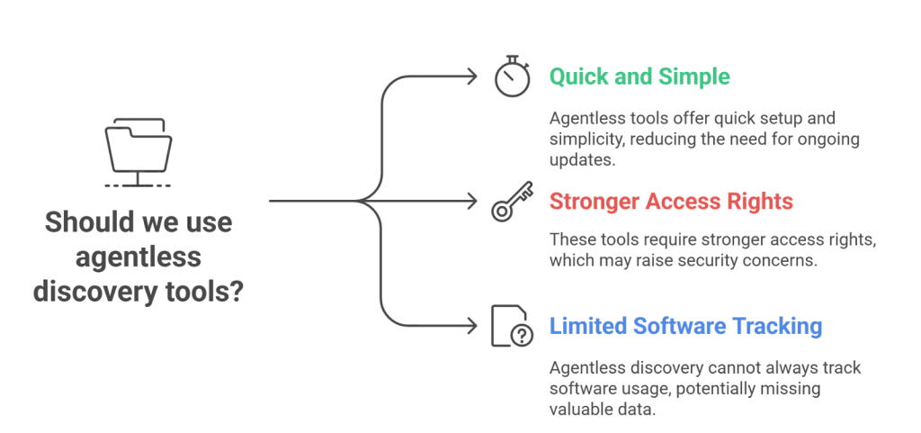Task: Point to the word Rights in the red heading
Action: (x=763, y=203)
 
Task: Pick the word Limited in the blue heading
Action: (x=581, y=328)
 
